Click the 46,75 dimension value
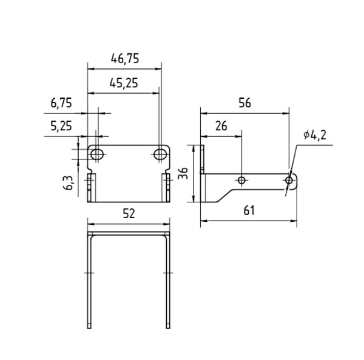pyautogui.click(x=125, y=58)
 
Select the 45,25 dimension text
pyautogui.click(x=124, y=83)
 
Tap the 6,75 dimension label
pyautogui.click(x=61, y=103)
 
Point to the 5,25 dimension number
pyautogui.click(x=61, y=126)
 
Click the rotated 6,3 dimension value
pyautogui.click(x=68, y=183)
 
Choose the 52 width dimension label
pyautogui.click(x=129, y=213)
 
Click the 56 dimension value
pyautogui.click(x=245, y=103)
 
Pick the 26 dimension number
pyautogui.click(x=221, y=126)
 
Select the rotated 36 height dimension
pyautogui.click(x=183, y=173)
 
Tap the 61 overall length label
pyautogui.click(x=249, y=210)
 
